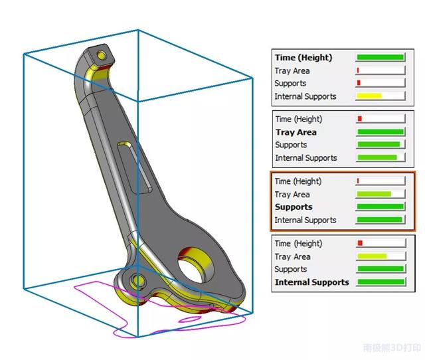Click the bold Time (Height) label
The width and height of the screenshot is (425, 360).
point(303,58)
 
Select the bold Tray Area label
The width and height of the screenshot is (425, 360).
point(296,132)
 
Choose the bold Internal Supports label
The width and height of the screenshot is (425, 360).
point(311,282)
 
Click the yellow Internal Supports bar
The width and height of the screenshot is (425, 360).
point(369,96)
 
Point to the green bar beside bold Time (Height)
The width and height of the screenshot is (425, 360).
point(380,58)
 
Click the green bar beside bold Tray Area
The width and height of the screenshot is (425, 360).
point(380,132)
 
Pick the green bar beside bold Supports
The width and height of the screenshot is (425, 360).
point(380,207)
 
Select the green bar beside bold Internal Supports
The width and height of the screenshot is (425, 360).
point(380,282)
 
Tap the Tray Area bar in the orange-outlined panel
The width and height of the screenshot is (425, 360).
point(373,195)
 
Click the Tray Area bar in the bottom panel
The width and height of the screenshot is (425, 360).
point(371,256)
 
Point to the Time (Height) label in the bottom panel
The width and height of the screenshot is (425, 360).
point(298,244)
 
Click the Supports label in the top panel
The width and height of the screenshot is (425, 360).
point(290,84)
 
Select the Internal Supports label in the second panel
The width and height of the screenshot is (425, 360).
point(305,158)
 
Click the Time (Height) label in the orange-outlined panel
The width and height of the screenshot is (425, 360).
point(298,181)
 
